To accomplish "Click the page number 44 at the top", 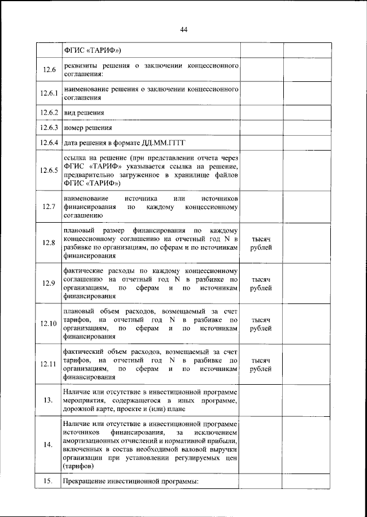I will point(183,30).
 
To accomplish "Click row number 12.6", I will point(49,70).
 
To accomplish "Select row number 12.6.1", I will point(49,94).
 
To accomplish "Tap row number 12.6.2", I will point(49,113).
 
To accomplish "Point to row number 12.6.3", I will point(49,128).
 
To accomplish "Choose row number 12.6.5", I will point(49,171).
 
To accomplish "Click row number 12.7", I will point(49,207).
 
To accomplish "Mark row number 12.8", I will point(49,243).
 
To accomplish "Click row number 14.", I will point(49,445).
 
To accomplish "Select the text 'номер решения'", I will point(88,128).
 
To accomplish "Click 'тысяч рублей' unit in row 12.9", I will point(261,284).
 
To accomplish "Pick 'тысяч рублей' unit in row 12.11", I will point(261,365).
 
